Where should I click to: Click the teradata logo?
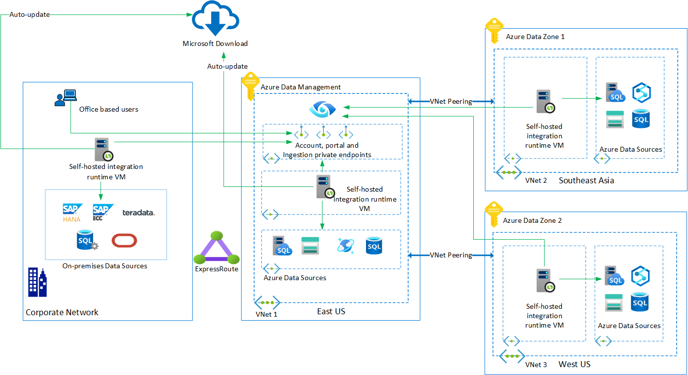[138, 212]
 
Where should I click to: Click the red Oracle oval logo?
[124, 241]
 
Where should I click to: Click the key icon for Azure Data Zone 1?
[494, 31]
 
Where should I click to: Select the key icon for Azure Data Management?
[250, 87]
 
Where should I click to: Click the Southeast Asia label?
[586, 181]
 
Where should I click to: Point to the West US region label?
[574, 365]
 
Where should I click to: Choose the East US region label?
[331, 311]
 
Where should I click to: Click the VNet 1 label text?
[267, 314]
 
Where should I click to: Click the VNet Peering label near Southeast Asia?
[451, 102]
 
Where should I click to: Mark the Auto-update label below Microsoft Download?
[227, 66]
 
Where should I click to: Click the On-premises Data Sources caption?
[105, 266]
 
